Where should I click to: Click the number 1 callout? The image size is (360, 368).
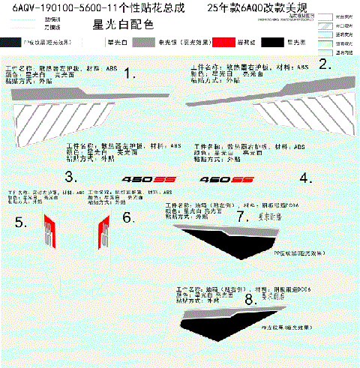pos(130,73)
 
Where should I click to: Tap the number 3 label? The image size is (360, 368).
pos(70,178)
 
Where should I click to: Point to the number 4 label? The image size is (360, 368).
pos(305,178)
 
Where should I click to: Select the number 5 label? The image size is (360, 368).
pos(22,222)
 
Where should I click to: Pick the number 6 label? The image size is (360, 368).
pos(127,217)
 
